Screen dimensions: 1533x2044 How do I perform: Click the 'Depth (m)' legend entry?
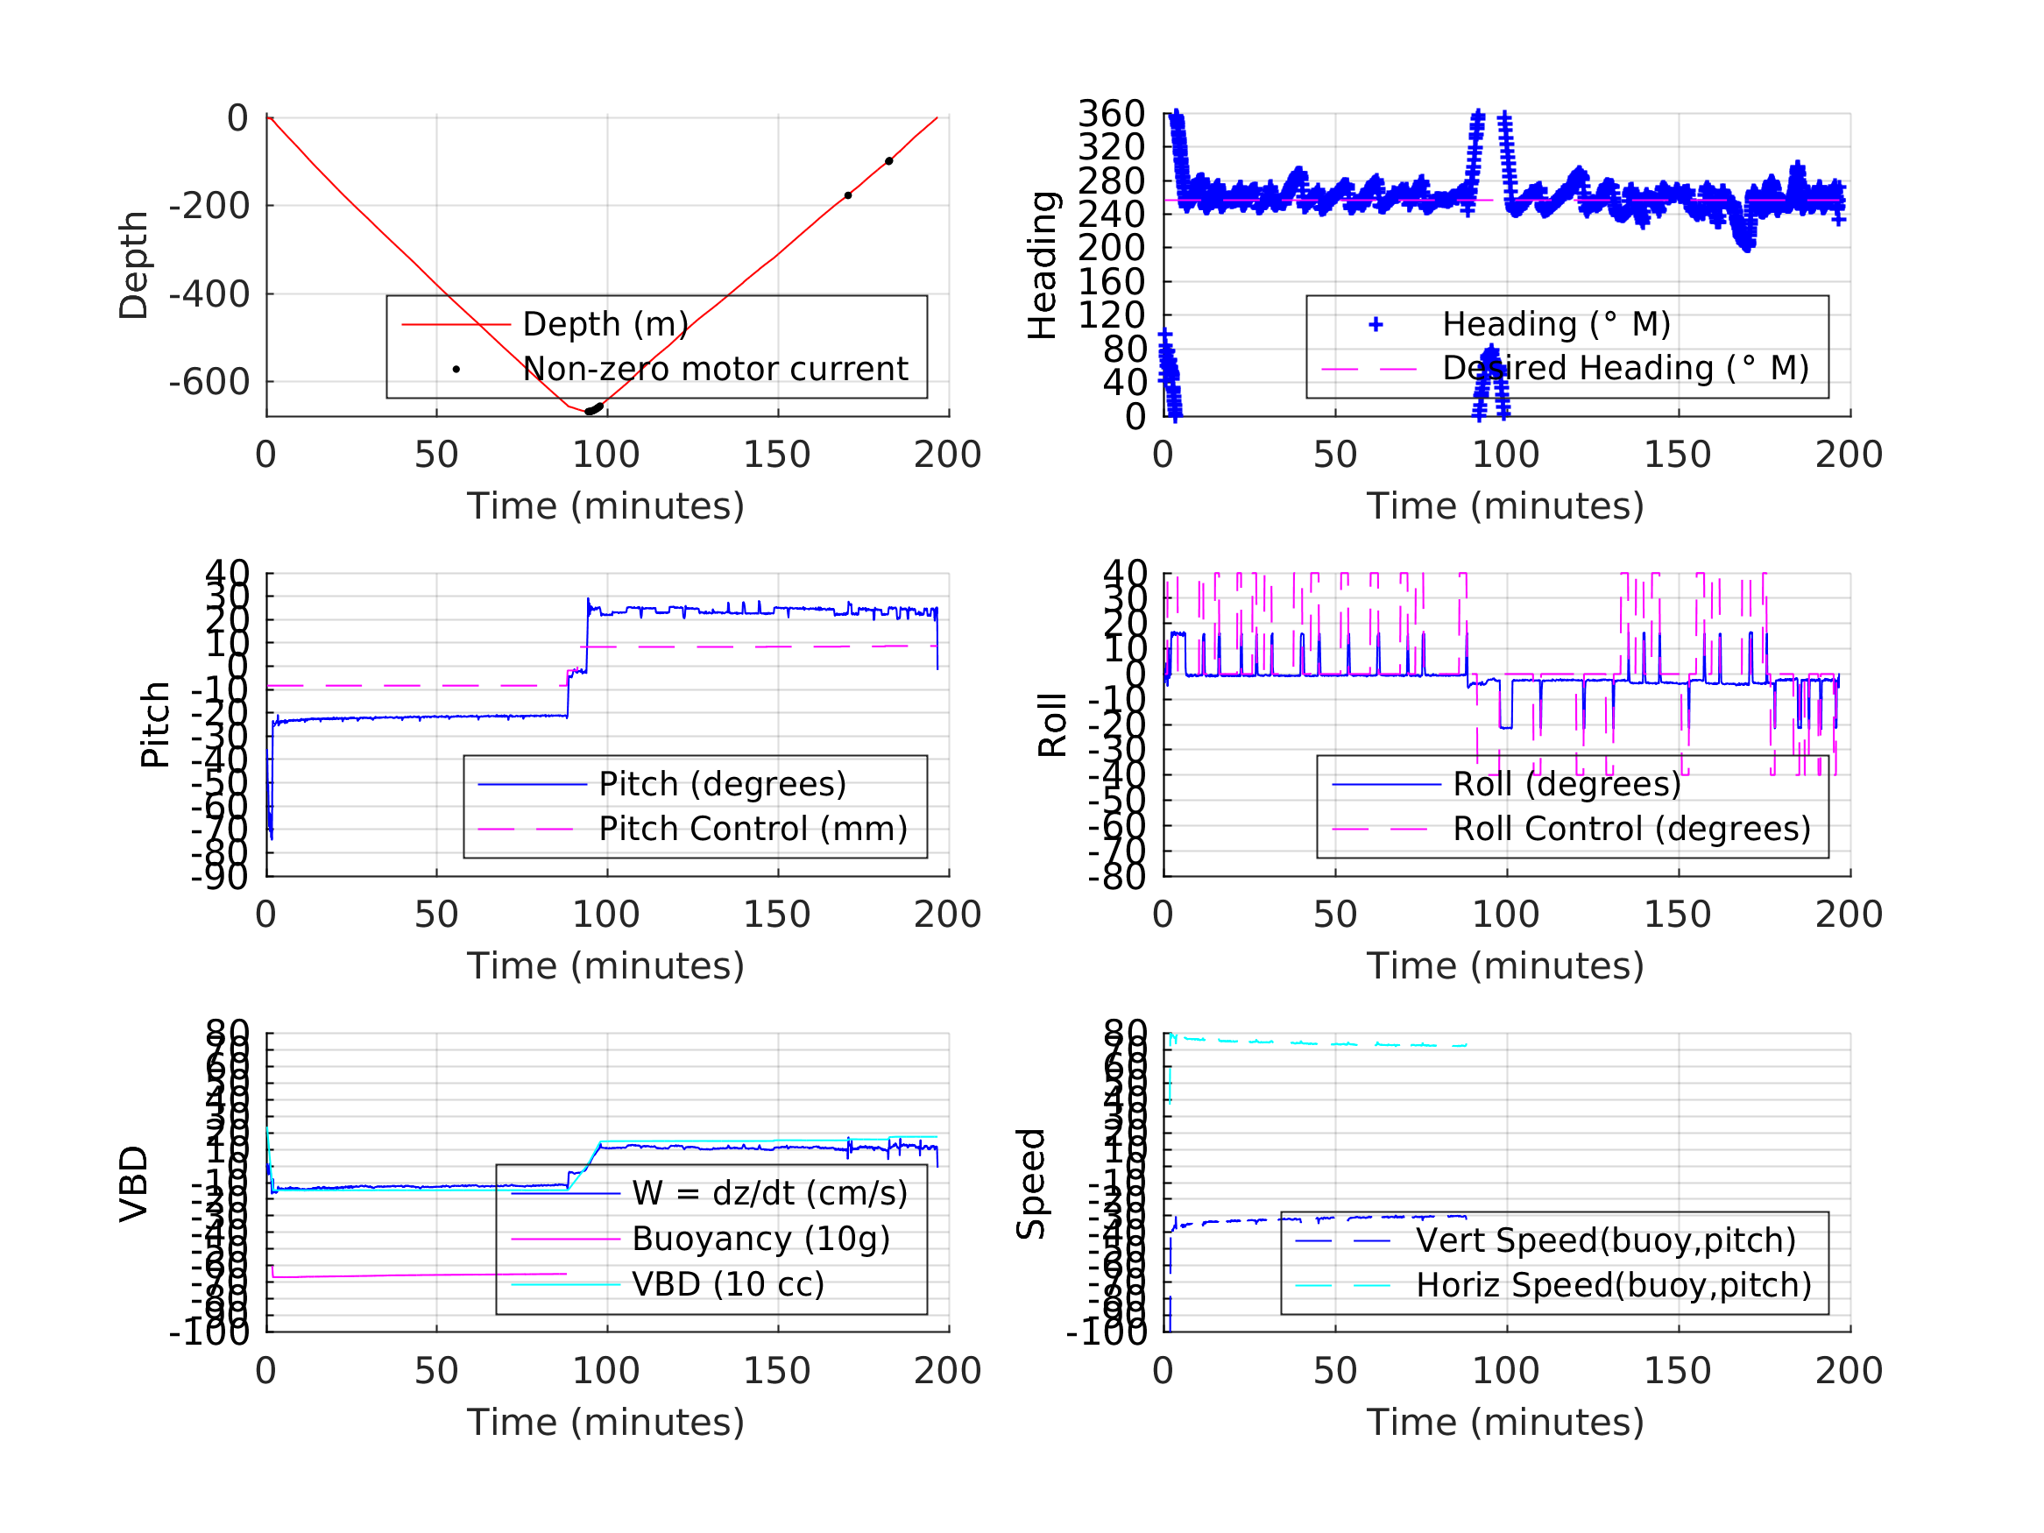(605, 324)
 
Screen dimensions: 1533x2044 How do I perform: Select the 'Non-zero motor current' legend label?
(715, 369)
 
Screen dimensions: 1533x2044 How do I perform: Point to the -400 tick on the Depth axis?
(209, 293)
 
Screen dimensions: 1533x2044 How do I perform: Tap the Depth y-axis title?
(134, 265)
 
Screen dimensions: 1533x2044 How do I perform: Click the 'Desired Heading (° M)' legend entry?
(1624, 368)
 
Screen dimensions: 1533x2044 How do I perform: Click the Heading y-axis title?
(1043, 265)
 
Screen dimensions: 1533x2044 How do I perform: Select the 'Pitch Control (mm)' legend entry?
(753, 829)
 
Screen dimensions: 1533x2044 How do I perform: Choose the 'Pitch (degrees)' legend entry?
(723, 784)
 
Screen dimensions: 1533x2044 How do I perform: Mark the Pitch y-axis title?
(155, 724)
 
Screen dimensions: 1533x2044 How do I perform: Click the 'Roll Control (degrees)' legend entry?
(1631, 829)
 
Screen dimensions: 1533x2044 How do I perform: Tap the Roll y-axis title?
(1052, 724)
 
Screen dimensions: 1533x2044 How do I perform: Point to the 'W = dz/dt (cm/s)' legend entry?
(770, 1193)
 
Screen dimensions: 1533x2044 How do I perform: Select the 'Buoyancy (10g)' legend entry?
(760, 1239)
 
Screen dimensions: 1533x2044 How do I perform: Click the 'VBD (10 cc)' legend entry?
(728, 1283)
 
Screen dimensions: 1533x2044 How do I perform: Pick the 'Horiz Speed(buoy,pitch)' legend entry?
(1614, 1284)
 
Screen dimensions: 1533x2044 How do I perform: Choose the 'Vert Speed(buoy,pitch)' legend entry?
(1605, 1240)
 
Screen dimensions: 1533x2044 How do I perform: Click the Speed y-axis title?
(1031, 1183)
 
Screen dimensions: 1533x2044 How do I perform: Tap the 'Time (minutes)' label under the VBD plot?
(605, 1421)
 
